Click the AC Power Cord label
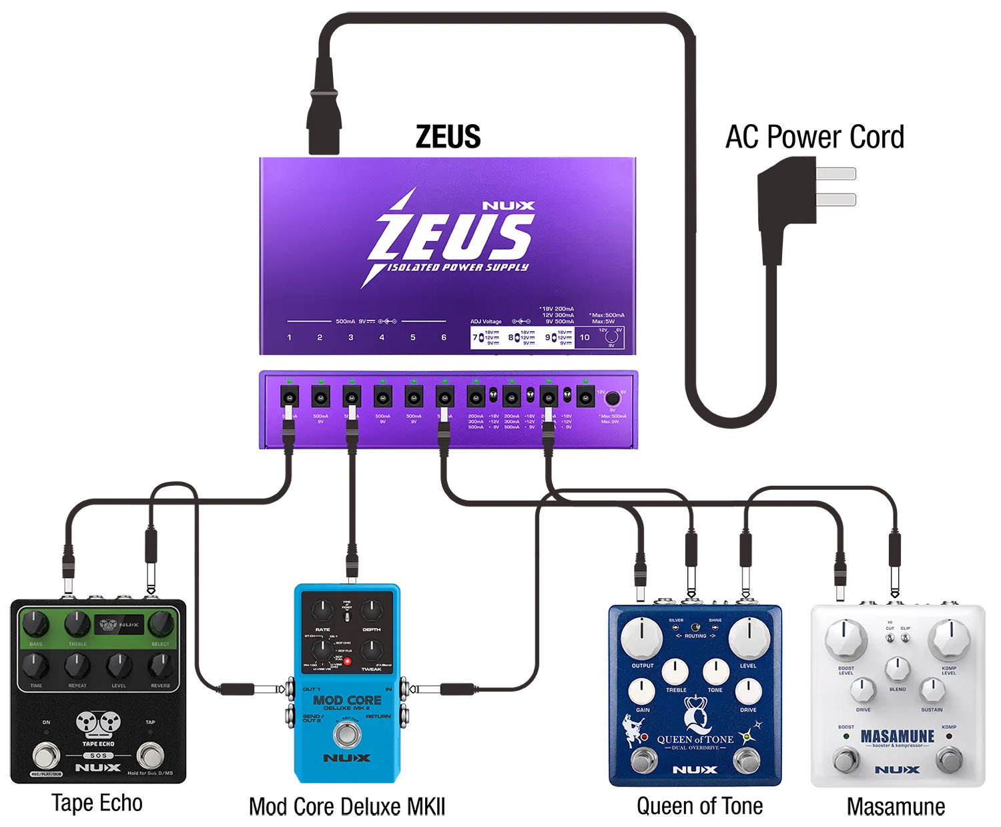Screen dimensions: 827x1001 814,137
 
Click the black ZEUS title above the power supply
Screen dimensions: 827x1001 448,137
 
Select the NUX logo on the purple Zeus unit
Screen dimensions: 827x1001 509,206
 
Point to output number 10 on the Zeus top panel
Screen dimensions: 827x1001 585,337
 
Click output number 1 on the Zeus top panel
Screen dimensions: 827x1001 289,338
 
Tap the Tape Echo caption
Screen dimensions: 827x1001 97,803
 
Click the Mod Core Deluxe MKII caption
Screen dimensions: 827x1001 347,806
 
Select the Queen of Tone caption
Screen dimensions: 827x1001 699,806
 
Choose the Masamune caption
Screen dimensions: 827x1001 896,806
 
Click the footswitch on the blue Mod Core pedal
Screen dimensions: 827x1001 346,734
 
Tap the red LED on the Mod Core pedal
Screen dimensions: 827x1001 348,661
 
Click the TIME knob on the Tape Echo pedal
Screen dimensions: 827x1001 36,665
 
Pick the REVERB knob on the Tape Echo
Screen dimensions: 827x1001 160,665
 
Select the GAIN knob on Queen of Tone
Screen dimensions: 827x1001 643,691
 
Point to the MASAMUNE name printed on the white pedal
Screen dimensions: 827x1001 898,736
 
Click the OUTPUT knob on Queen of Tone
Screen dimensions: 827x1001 642,637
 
